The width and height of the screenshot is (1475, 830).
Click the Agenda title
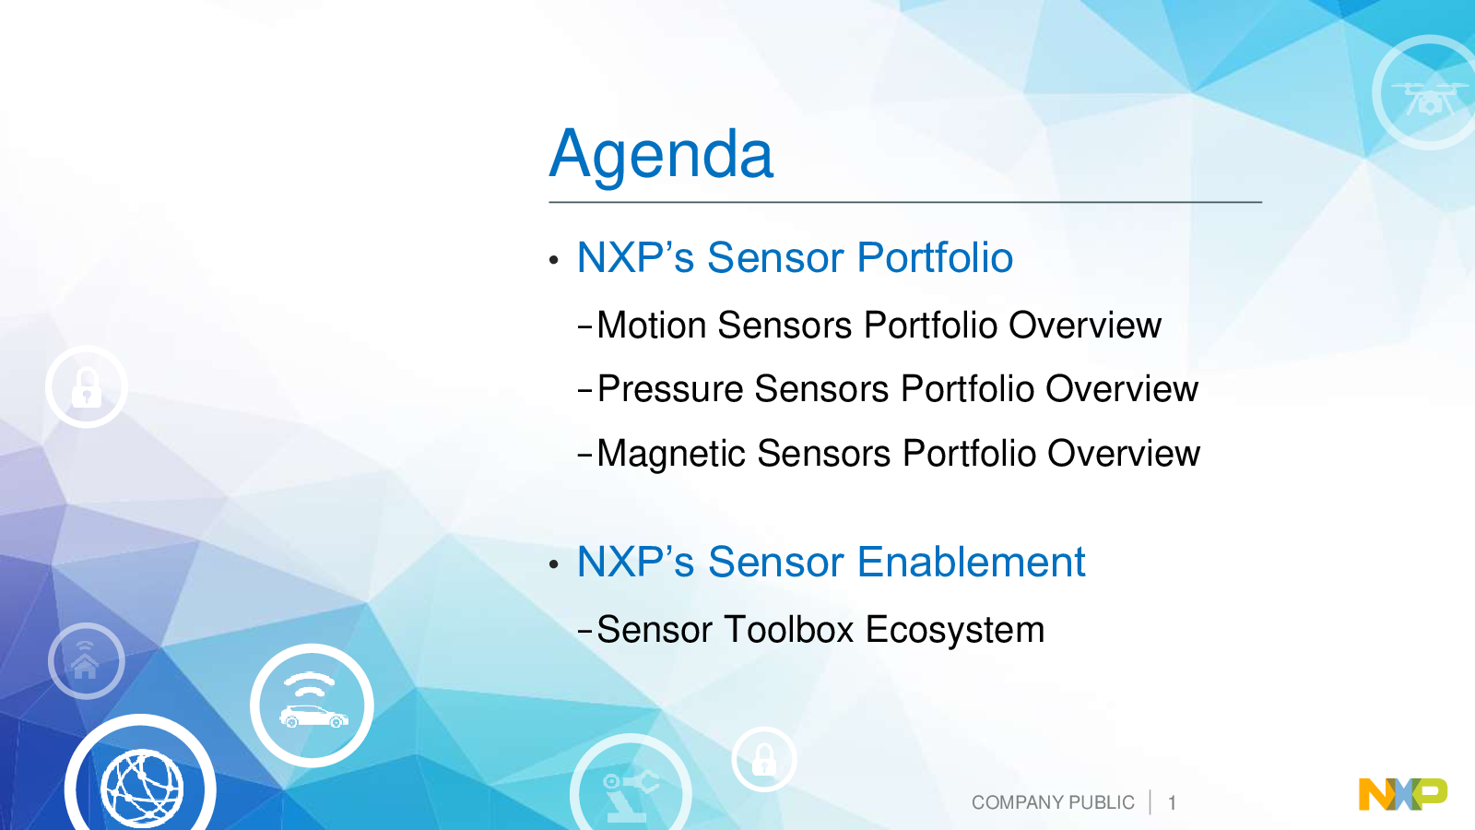[x=661, y=155]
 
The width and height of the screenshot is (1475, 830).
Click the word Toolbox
[x=789, y=629]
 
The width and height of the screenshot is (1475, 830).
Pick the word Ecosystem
[x=955, y=631]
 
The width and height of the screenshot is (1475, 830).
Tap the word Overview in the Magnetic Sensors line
[x=1124, y=453]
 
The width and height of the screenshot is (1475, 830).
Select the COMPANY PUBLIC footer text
[x=1053, y=802]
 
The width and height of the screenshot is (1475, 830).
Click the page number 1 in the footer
[x=1172, y=803]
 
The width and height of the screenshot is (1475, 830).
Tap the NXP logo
[x=1402, y=794]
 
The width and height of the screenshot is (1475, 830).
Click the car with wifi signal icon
[x=313, y=705]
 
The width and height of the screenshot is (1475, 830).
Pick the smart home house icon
[x=87, y=660]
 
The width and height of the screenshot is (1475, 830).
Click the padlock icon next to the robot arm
[x=764, y=760]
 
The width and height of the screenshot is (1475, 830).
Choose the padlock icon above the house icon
[x=87, y=386]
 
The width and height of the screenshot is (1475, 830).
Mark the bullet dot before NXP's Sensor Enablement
[x=554, y=563]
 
